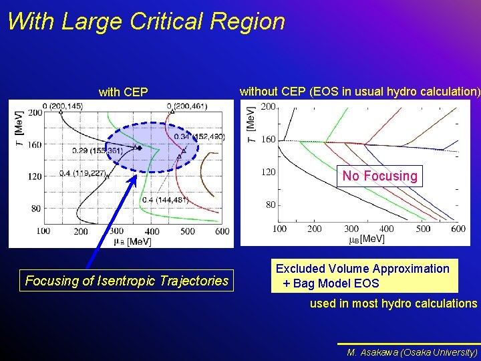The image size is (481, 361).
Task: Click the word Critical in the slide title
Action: coord(163,21)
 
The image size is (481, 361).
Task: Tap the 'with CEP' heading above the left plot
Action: coord(123,92)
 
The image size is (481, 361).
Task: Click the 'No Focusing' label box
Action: coord(379,176)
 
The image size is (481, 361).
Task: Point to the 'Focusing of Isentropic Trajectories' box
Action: coord(126,281)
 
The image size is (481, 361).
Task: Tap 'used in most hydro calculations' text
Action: coord(393,304)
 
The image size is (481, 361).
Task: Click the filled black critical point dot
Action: coord(140,148)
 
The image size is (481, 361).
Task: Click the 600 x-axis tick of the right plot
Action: coord(458,229)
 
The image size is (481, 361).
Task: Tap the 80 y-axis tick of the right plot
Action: coord(271,205)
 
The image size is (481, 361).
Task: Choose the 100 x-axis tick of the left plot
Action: coord(43,231)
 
